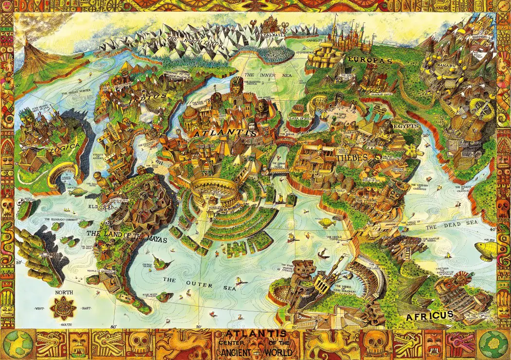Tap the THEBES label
click(351, 157)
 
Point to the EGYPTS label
click(406, 126)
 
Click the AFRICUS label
click(430, 315)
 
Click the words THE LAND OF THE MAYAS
click(127, 236)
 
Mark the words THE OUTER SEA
click(200, 283)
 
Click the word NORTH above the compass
click(64, 292)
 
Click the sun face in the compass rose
click(64, 308)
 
